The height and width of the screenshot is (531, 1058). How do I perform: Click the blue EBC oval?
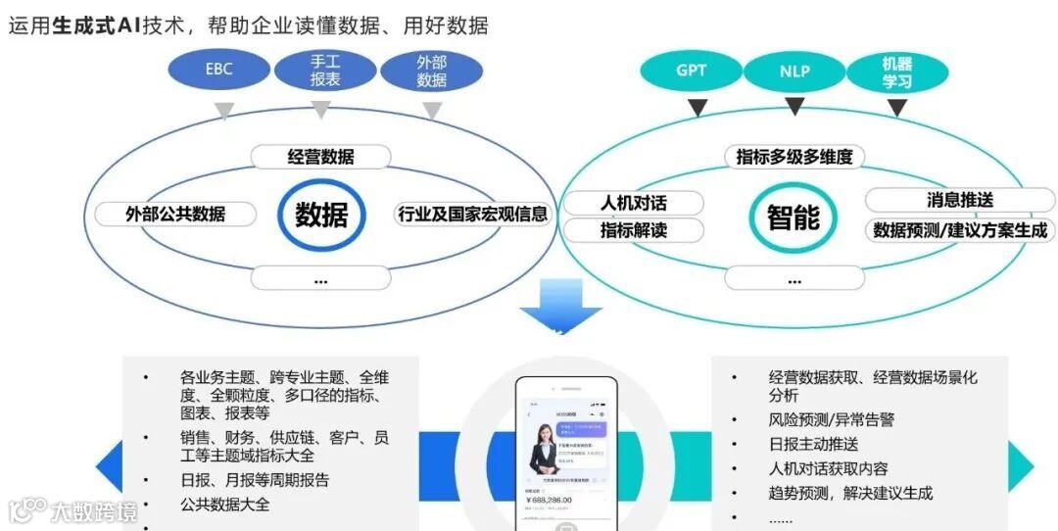coord(218,71)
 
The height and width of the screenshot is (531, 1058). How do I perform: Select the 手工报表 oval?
coord(324,71)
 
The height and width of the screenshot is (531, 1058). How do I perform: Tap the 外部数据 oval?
coord(431,71)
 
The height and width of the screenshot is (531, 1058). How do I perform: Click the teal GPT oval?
coord(691,71)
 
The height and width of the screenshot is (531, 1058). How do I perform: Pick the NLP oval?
coord(794,71)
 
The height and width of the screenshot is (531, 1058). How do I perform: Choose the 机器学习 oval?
coord(896,71)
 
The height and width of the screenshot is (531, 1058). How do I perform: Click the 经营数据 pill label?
coord(320,157)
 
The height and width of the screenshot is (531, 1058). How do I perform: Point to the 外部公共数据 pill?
coord(175,214)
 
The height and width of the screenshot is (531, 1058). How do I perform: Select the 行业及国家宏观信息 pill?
coord(472,214)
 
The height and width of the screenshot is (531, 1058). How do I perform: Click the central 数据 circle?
coord(320,215)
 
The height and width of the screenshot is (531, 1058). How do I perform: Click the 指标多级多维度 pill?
coord(794,156)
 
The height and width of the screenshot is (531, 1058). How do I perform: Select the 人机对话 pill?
coord(633,204)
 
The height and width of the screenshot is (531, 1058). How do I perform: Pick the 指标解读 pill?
coord(633,230)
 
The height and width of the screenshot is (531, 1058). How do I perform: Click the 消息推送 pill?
coord(959,200)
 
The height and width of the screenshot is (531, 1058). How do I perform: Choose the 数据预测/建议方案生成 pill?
coord(959,230)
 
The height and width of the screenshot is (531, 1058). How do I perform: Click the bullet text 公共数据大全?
coord(224,505)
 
